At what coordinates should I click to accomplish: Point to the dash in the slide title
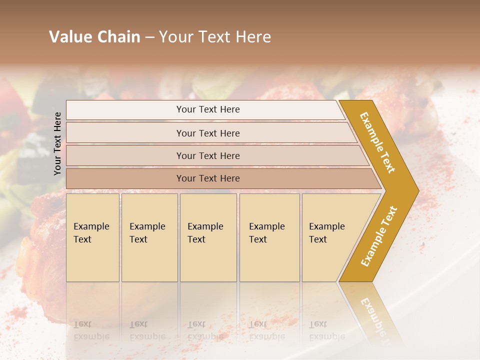coord(149,37)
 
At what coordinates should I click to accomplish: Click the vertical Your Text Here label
coord(57,143)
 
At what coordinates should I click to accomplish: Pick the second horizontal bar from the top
coord(208,133)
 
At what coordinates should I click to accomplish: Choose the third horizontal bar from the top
coord(208,155)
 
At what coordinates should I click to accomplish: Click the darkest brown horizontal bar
coord(208,178)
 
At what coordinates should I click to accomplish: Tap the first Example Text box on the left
coord(92,237)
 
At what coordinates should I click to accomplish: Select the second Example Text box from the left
coord(149,237)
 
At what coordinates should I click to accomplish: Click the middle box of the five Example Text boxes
coord(208,237)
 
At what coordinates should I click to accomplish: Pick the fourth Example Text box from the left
coord(269,237)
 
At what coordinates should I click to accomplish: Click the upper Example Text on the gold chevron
coord(377,143)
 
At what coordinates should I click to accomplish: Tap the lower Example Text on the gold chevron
coord(379,236)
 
